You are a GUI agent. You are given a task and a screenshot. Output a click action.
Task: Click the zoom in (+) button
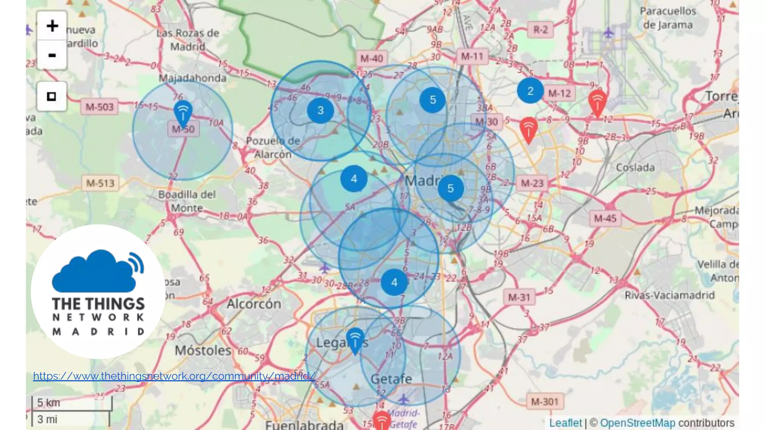pyautogui.click(x=52, y=26)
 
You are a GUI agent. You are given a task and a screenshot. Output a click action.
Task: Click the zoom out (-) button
pyautogui.click(x=52, y=55)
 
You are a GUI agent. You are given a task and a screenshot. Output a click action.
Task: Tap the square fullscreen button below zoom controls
pyautogui.click(x=52, y=96)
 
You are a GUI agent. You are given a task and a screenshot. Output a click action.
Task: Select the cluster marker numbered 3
pyautogui.click(x=320, y=110)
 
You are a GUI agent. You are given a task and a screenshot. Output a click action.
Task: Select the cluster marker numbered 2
pyautogui.click(x=530, y=91)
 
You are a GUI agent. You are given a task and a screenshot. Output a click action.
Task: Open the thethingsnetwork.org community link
pyautogui.click(x=174, y=376)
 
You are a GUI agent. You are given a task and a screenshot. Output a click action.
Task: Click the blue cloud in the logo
pyautogui.click(x=93, y=272)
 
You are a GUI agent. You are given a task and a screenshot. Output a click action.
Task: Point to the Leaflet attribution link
pyautogui.click(x=565, y=423)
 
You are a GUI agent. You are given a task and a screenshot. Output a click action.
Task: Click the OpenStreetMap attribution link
pyautogui.click(x=637, y=423)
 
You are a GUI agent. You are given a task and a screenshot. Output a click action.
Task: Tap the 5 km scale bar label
pyautogui.click(x=49, y=403)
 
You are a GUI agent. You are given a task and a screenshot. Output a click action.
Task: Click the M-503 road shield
pyautogui.click(x=99, y=107)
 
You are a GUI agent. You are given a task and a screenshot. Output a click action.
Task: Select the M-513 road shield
pyautogui.click(x=100, y=183)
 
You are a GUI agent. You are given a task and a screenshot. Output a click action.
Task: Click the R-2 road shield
pyautogui.click(x=540, y=29)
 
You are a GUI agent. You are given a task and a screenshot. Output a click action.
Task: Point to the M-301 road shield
pyautogui.click(x=544, y=402)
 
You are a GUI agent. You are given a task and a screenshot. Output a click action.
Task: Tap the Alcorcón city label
pyautogui.click(x=254, y=304)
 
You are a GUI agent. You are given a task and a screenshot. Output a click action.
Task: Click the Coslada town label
pyautogui.click(x=635, y=168)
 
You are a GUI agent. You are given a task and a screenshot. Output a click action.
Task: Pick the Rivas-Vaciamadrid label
pyautogui.click(x=669, y=295)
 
